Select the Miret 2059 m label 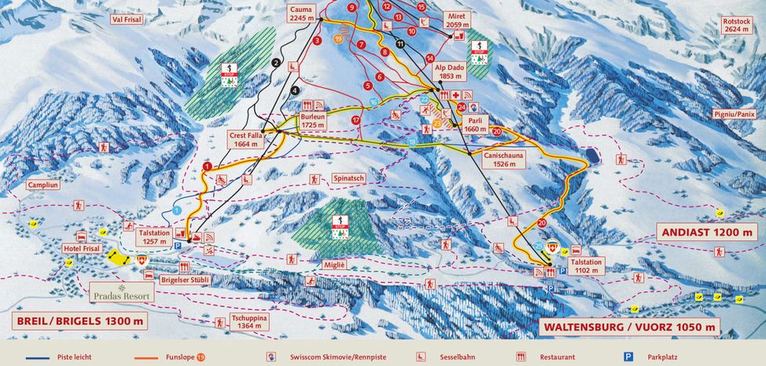pyautogui.click(x=458, y=20)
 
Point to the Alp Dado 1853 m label pyautogui.click(x=451, y=72)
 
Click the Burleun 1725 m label pyautogui.click(x=312, y=120)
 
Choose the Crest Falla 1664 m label pyautogui.click(x=244, y=139)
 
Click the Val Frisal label pyautogui.click(x=127, y=20)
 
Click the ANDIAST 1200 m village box pyautogui.click(x=706, y=232)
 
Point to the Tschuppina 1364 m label pyautogui.click(x=249, y=322)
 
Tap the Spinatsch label pyautogui.click(x=348, y=178)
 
